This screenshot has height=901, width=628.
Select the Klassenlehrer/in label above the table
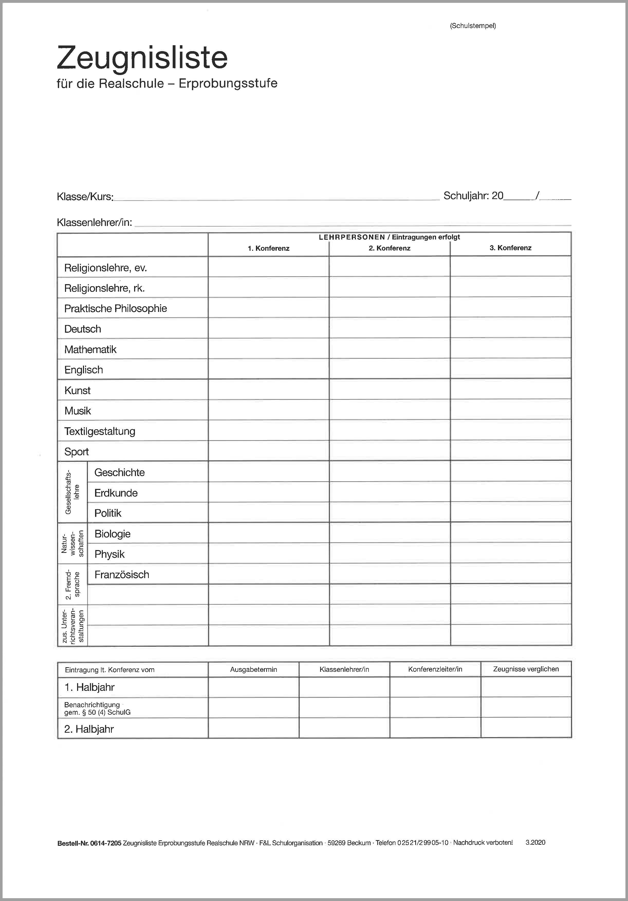pyautogui.click(x=94, y=222)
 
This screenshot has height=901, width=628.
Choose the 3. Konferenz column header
pyautogui.click(x=510, y=248)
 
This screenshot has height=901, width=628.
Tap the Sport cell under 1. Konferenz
pyautogui.click(x=269, y=451)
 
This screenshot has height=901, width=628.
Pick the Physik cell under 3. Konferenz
pyautogui.click(x=510, y=553)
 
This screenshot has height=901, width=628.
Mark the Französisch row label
pyautogui.click(x=122, y=574)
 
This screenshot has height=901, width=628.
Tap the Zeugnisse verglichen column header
pyautogui.click(x=526, y=669)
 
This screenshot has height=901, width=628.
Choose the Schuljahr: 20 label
pyautogui.click(x=473, y=196)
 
